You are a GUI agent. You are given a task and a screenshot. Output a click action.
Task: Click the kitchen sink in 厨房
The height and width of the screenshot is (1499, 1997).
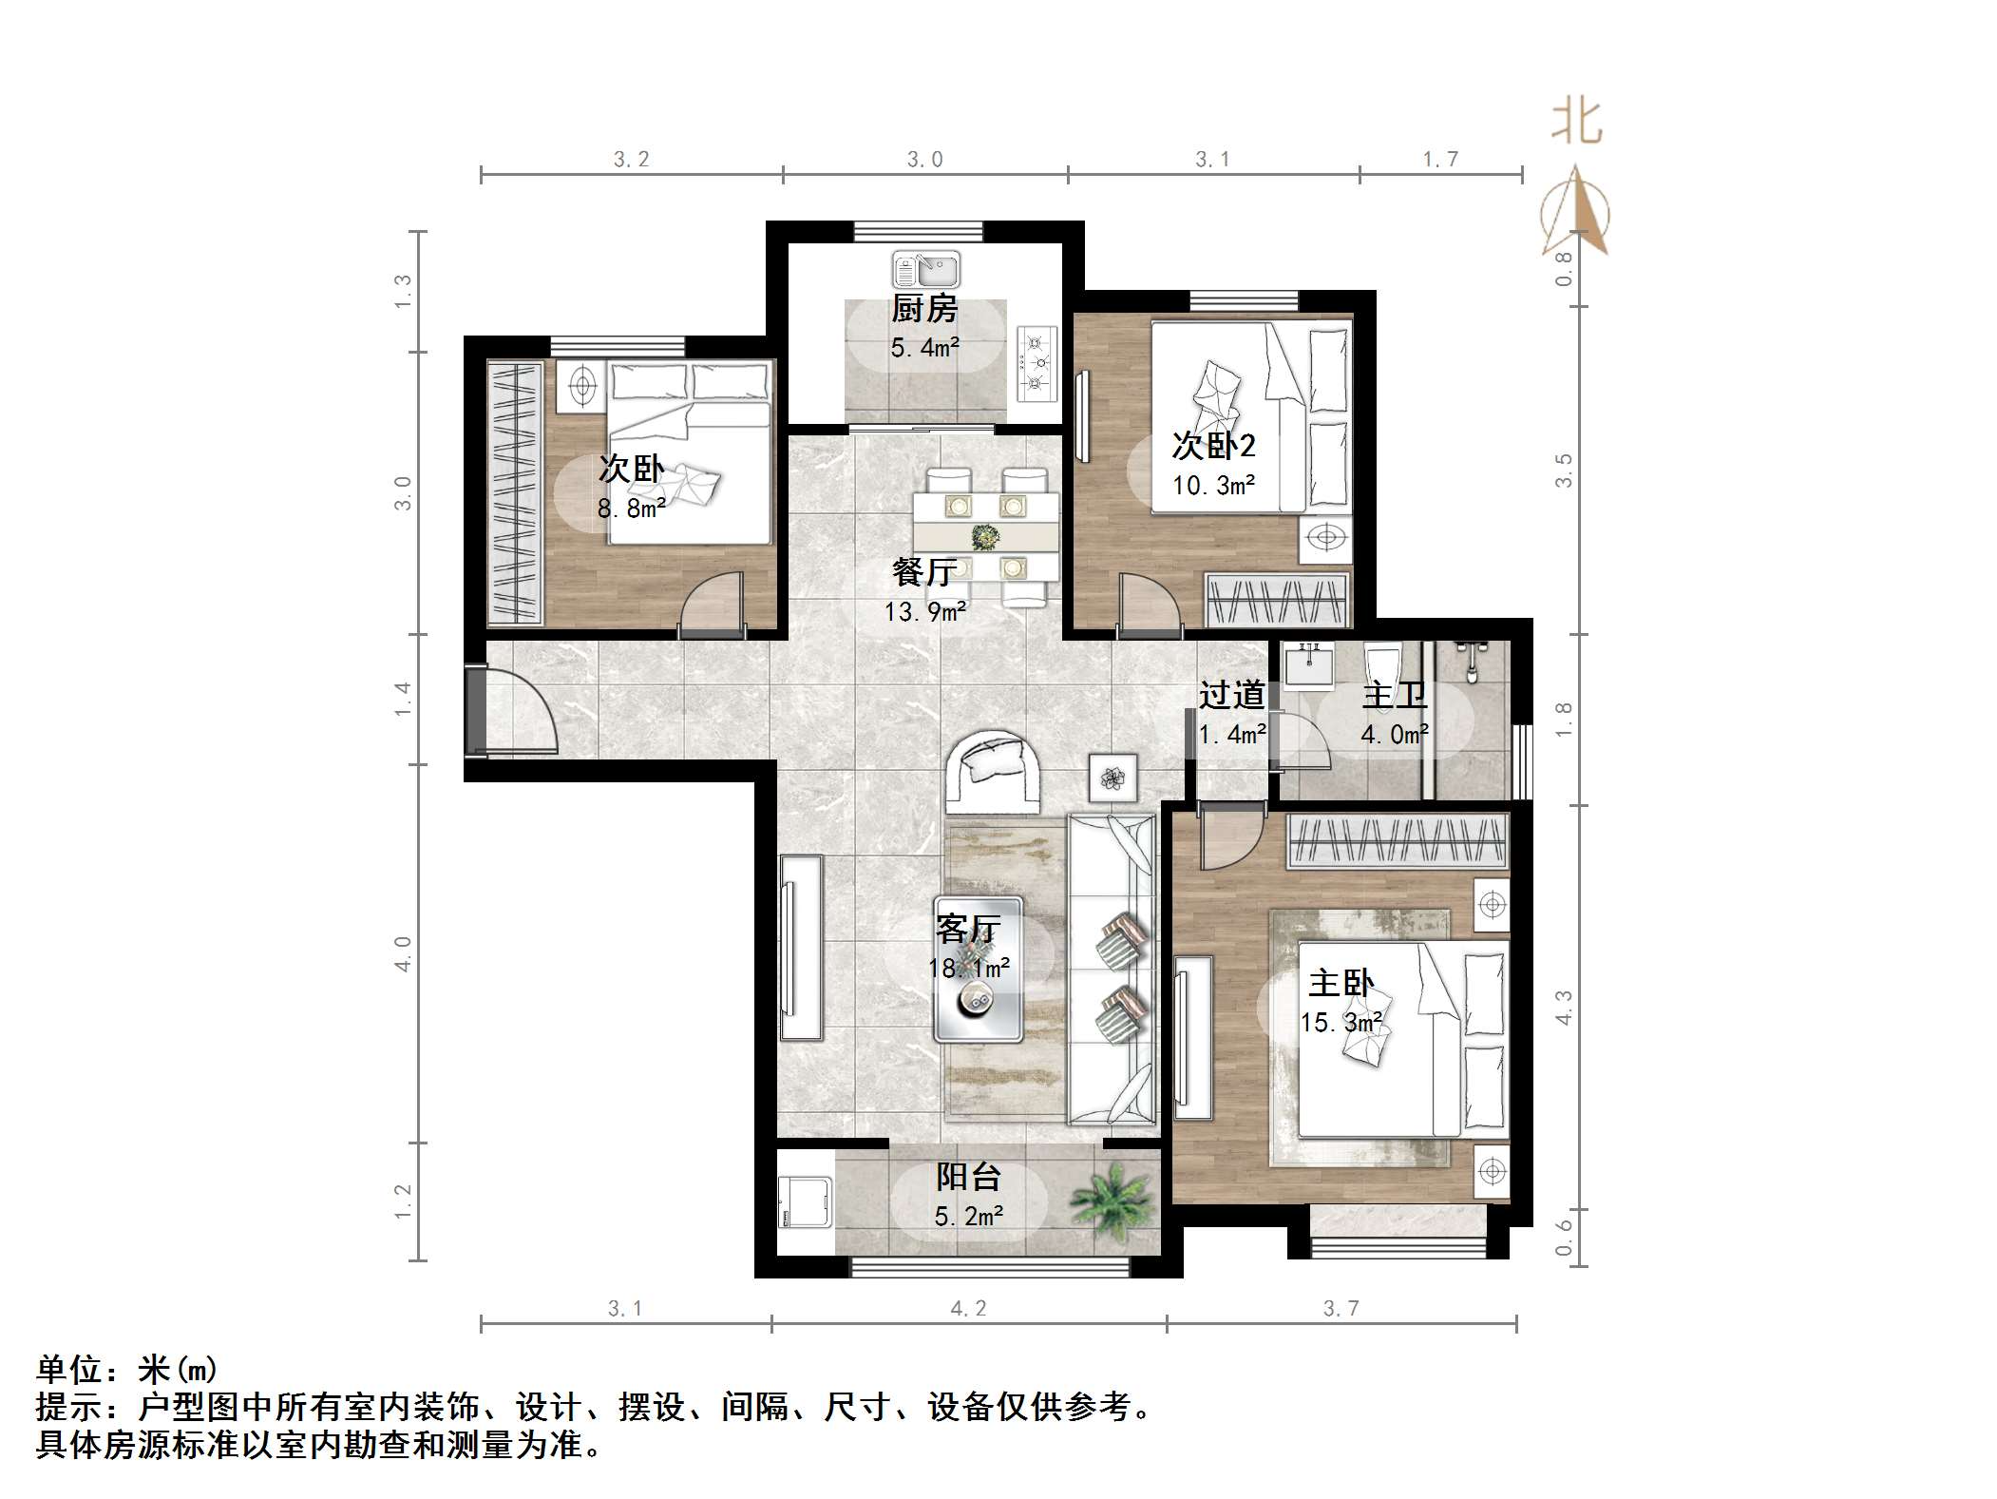925,270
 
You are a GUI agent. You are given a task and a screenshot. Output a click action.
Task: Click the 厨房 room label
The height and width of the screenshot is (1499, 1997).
923,309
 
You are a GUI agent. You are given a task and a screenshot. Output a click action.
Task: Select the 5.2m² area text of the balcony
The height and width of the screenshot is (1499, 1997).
968,1216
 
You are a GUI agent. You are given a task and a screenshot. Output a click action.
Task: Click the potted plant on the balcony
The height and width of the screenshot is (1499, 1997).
1113,1198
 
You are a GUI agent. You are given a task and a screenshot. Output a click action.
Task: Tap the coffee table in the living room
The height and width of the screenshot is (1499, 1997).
979,970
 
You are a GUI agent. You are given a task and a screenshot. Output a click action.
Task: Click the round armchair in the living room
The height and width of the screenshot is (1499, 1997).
993,770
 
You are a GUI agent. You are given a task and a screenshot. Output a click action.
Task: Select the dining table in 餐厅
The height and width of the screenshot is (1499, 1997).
986,536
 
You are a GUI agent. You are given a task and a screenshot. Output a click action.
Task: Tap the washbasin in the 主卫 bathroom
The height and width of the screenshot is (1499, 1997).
1308,663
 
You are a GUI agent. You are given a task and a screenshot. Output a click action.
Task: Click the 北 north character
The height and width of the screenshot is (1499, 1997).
1576,123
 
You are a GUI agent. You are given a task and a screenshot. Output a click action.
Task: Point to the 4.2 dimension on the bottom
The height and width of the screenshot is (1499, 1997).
968,1309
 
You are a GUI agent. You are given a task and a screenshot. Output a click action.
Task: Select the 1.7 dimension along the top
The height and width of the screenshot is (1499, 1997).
1439,159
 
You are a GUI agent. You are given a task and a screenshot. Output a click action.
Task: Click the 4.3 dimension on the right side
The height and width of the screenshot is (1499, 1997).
1563,1007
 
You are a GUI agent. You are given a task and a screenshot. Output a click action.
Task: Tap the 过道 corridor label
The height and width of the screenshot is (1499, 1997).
1231,695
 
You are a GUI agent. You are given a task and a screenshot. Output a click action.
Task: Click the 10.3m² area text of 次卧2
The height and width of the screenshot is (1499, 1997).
1213,485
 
